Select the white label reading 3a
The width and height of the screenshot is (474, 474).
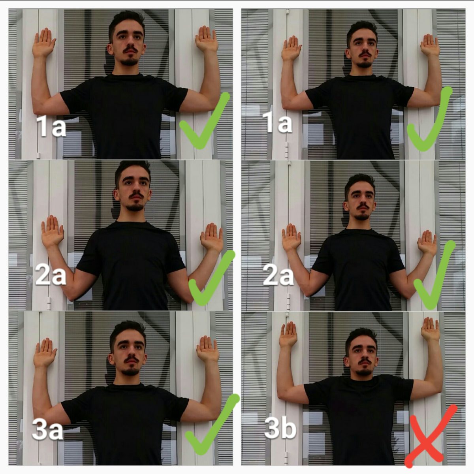pos(47,430)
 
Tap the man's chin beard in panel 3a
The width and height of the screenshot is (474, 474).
pos(130,372)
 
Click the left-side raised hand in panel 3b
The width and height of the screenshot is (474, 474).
pos(288,335)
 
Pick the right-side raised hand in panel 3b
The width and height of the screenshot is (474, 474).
pos(430,329)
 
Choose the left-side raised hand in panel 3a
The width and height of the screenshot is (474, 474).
pos(45,352)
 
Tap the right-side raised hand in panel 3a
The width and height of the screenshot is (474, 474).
pos(207,350)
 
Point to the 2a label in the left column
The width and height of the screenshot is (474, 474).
pos(50,275)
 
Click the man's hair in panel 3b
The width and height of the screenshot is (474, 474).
pos(361,334)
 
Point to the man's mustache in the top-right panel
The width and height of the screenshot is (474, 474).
pos(364,54)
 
